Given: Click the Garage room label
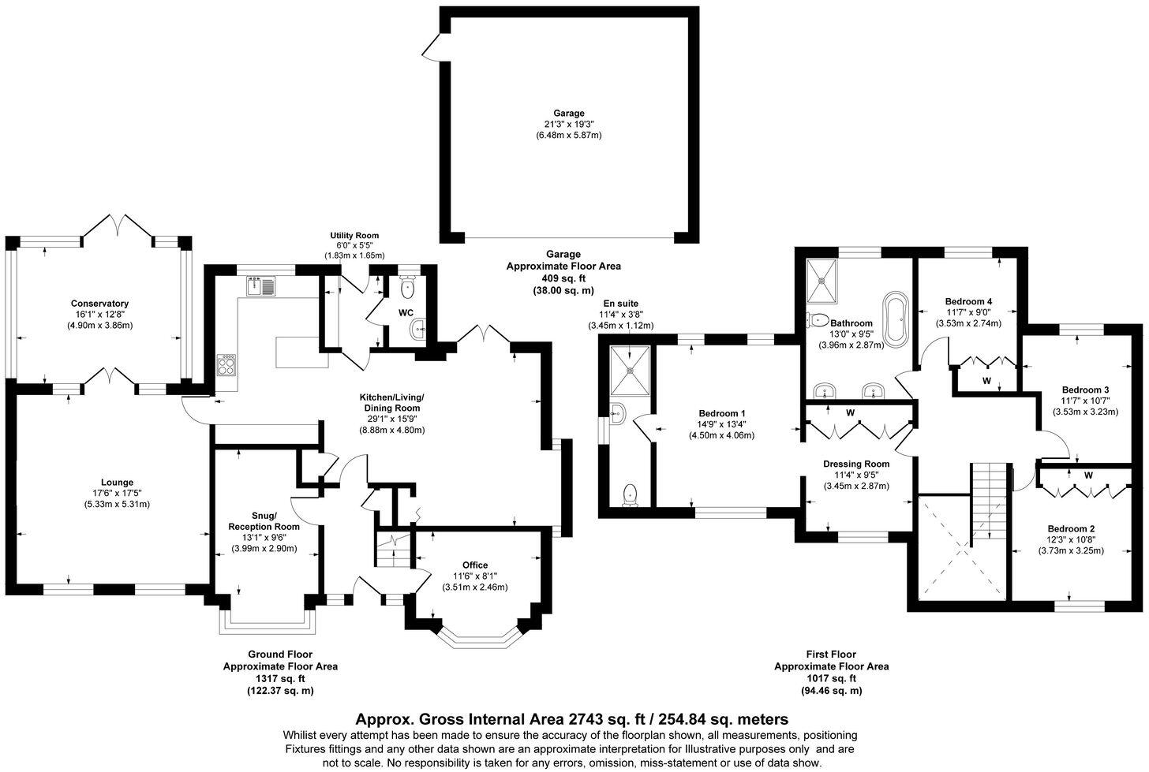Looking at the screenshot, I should click(x=568, y=113).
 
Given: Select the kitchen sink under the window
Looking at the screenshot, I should click(x=260, y=285).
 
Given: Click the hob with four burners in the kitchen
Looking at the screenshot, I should click(x=227, y=364).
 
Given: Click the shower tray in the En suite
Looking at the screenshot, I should click(x=631, y=370).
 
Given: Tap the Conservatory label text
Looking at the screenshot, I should click(x=99, y=304).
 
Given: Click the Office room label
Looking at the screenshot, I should click(x=475, y=565).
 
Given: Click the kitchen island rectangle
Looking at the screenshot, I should click(x=301, y=352).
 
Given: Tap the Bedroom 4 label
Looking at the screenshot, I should click(x=968, y=301).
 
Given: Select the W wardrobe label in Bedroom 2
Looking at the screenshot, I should click(x=1088, y=476).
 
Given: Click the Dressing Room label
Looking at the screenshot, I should click(x=856, y=464).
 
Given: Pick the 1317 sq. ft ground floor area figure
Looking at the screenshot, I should click(x=280, y=678).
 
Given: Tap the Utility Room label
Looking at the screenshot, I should click(x=354, y=235).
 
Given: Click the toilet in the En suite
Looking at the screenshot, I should click(x=630, y=494).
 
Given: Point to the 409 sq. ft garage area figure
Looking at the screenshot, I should click(x=563, y=278).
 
